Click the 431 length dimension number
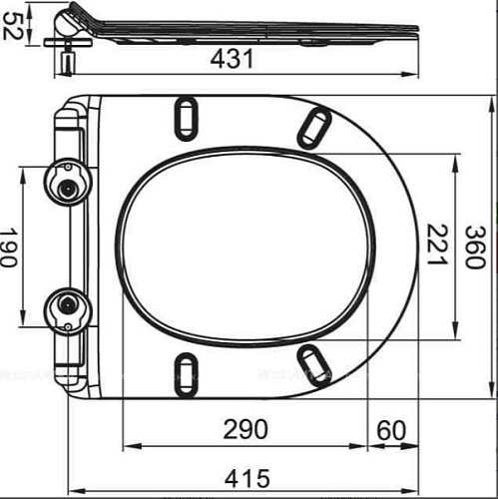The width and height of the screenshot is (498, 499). [232, 59]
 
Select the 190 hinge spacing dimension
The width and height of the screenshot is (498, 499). [8, 247]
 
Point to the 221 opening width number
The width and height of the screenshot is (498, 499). [436, 245]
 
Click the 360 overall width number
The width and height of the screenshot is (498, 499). [475, 247]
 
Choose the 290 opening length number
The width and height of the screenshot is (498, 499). [246, 429]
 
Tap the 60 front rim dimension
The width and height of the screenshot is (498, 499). [391, 430]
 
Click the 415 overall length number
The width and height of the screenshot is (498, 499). [247, 479]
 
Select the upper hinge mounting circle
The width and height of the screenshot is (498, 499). [68, 183]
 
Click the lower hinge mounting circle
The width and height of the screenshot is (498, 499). [68, 310]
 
